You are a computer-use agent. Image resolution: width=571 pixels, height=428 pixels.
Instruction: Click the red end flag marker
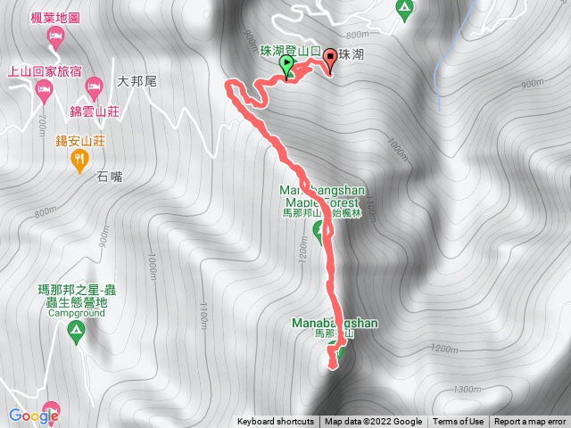click(x=332, y=60)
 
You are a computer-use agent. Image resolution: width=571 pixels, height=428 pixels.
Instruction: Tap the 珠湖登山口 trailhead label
click(x=289, y=53)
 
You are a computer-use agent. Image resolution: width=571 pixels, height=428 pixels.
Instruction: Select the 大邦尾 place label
click(x=137, y=81)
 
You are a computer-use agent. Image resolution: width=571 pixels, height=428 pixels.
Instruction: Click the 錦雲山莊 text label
click(x=94, y=113)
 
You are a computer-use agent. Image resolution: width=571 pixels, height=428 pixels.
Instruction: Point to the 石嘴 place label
click(x=111, y=177)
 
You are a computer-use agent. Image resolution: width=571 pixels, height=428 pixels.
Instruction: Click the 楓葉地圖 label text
click(x=80, y=17)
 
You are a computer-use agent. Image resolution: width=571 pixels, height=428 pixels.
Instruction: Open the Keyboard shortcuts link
click(x=276, y=422)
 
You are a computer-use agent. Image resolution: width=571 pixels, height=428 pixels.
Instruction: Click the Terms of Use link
click(x=459, y=422)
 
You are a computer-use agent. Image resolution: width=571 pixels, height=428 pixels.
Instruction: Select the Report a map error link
click(x=531, y=422)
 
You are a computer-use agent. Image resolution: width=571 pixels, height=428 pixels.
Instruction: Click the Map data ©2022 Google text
click(x=373, y=422)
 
